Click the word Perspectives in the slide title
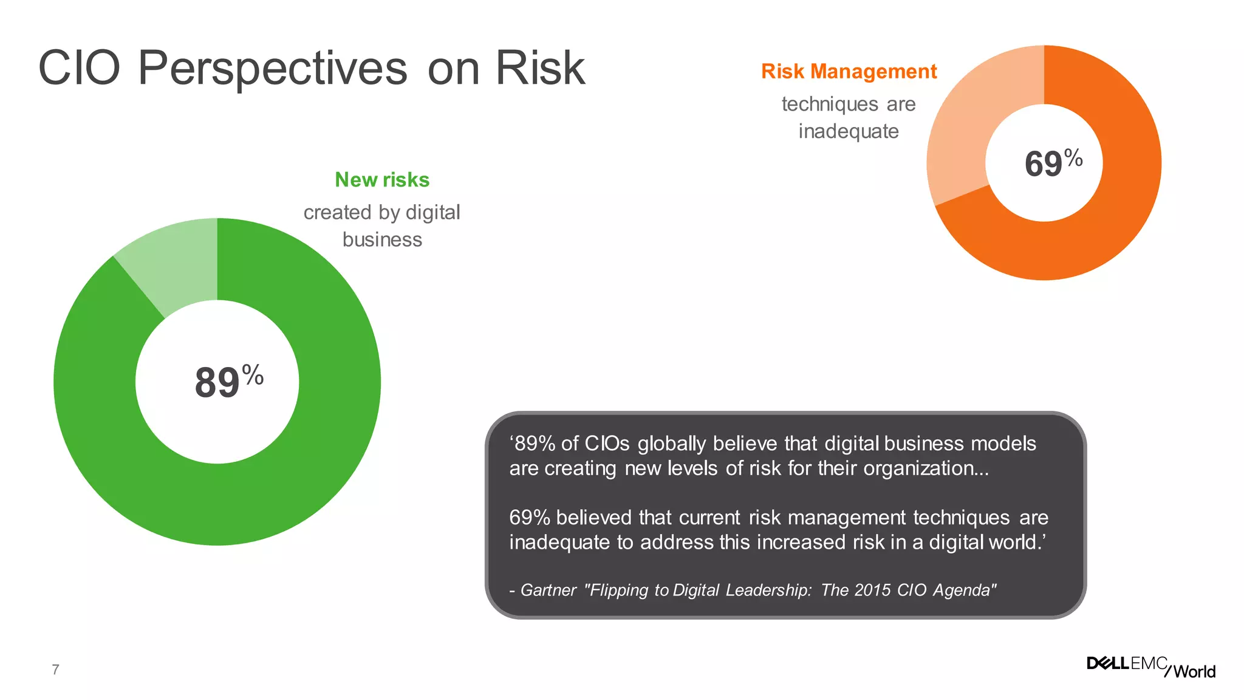[272, 68]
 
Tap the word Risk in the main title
[540, 68]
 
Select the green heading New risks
[382, 180]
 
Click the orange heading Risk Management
[849, 72]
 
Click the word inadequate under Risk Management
[849, 131]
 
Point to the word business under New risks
[382, 239]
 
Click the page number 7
[55, 670]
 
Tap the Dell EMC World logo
[1151, 667]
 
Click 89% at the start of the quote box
[534, 444]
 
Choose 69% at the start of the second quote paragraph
[530, 518]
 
